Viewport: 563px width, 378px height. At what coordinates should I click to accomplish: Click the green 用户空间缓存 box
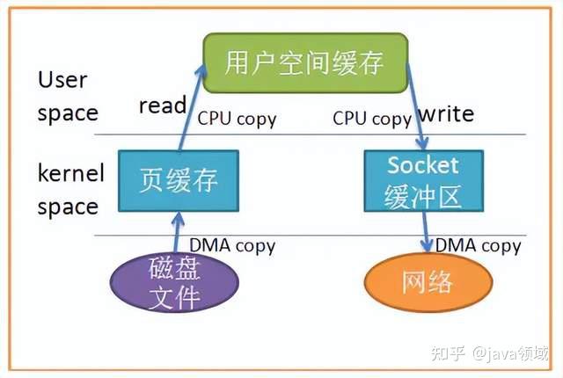305,64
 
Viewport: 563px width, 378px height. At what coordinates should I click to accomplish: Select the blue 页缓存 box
179,181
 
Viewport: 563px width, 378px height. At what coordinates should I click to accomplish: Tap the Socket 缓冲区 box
423,182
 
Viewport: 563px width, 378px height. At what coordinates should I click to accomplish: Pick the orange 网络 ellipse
427,282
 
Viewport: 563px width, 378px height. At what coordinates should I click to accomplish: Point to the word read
163,105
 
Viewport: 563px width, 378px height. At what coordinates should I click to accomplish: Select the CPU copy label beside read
236,118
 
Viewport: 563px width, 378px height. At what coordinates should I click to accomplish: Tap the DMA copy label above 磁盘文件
232,246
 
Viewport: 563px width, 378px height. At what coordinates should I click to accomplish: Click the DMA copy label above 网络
479,245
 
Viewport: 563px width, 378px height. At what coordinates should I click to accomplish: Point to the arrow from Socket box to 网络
427,233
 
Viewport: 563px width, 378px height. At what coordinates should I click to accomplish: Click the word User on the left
62,80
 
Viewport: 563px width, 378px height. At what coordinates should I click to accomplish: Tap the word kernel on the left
70,172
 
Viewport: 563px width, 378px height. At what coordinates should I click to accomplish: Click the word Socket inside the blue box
423,165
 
